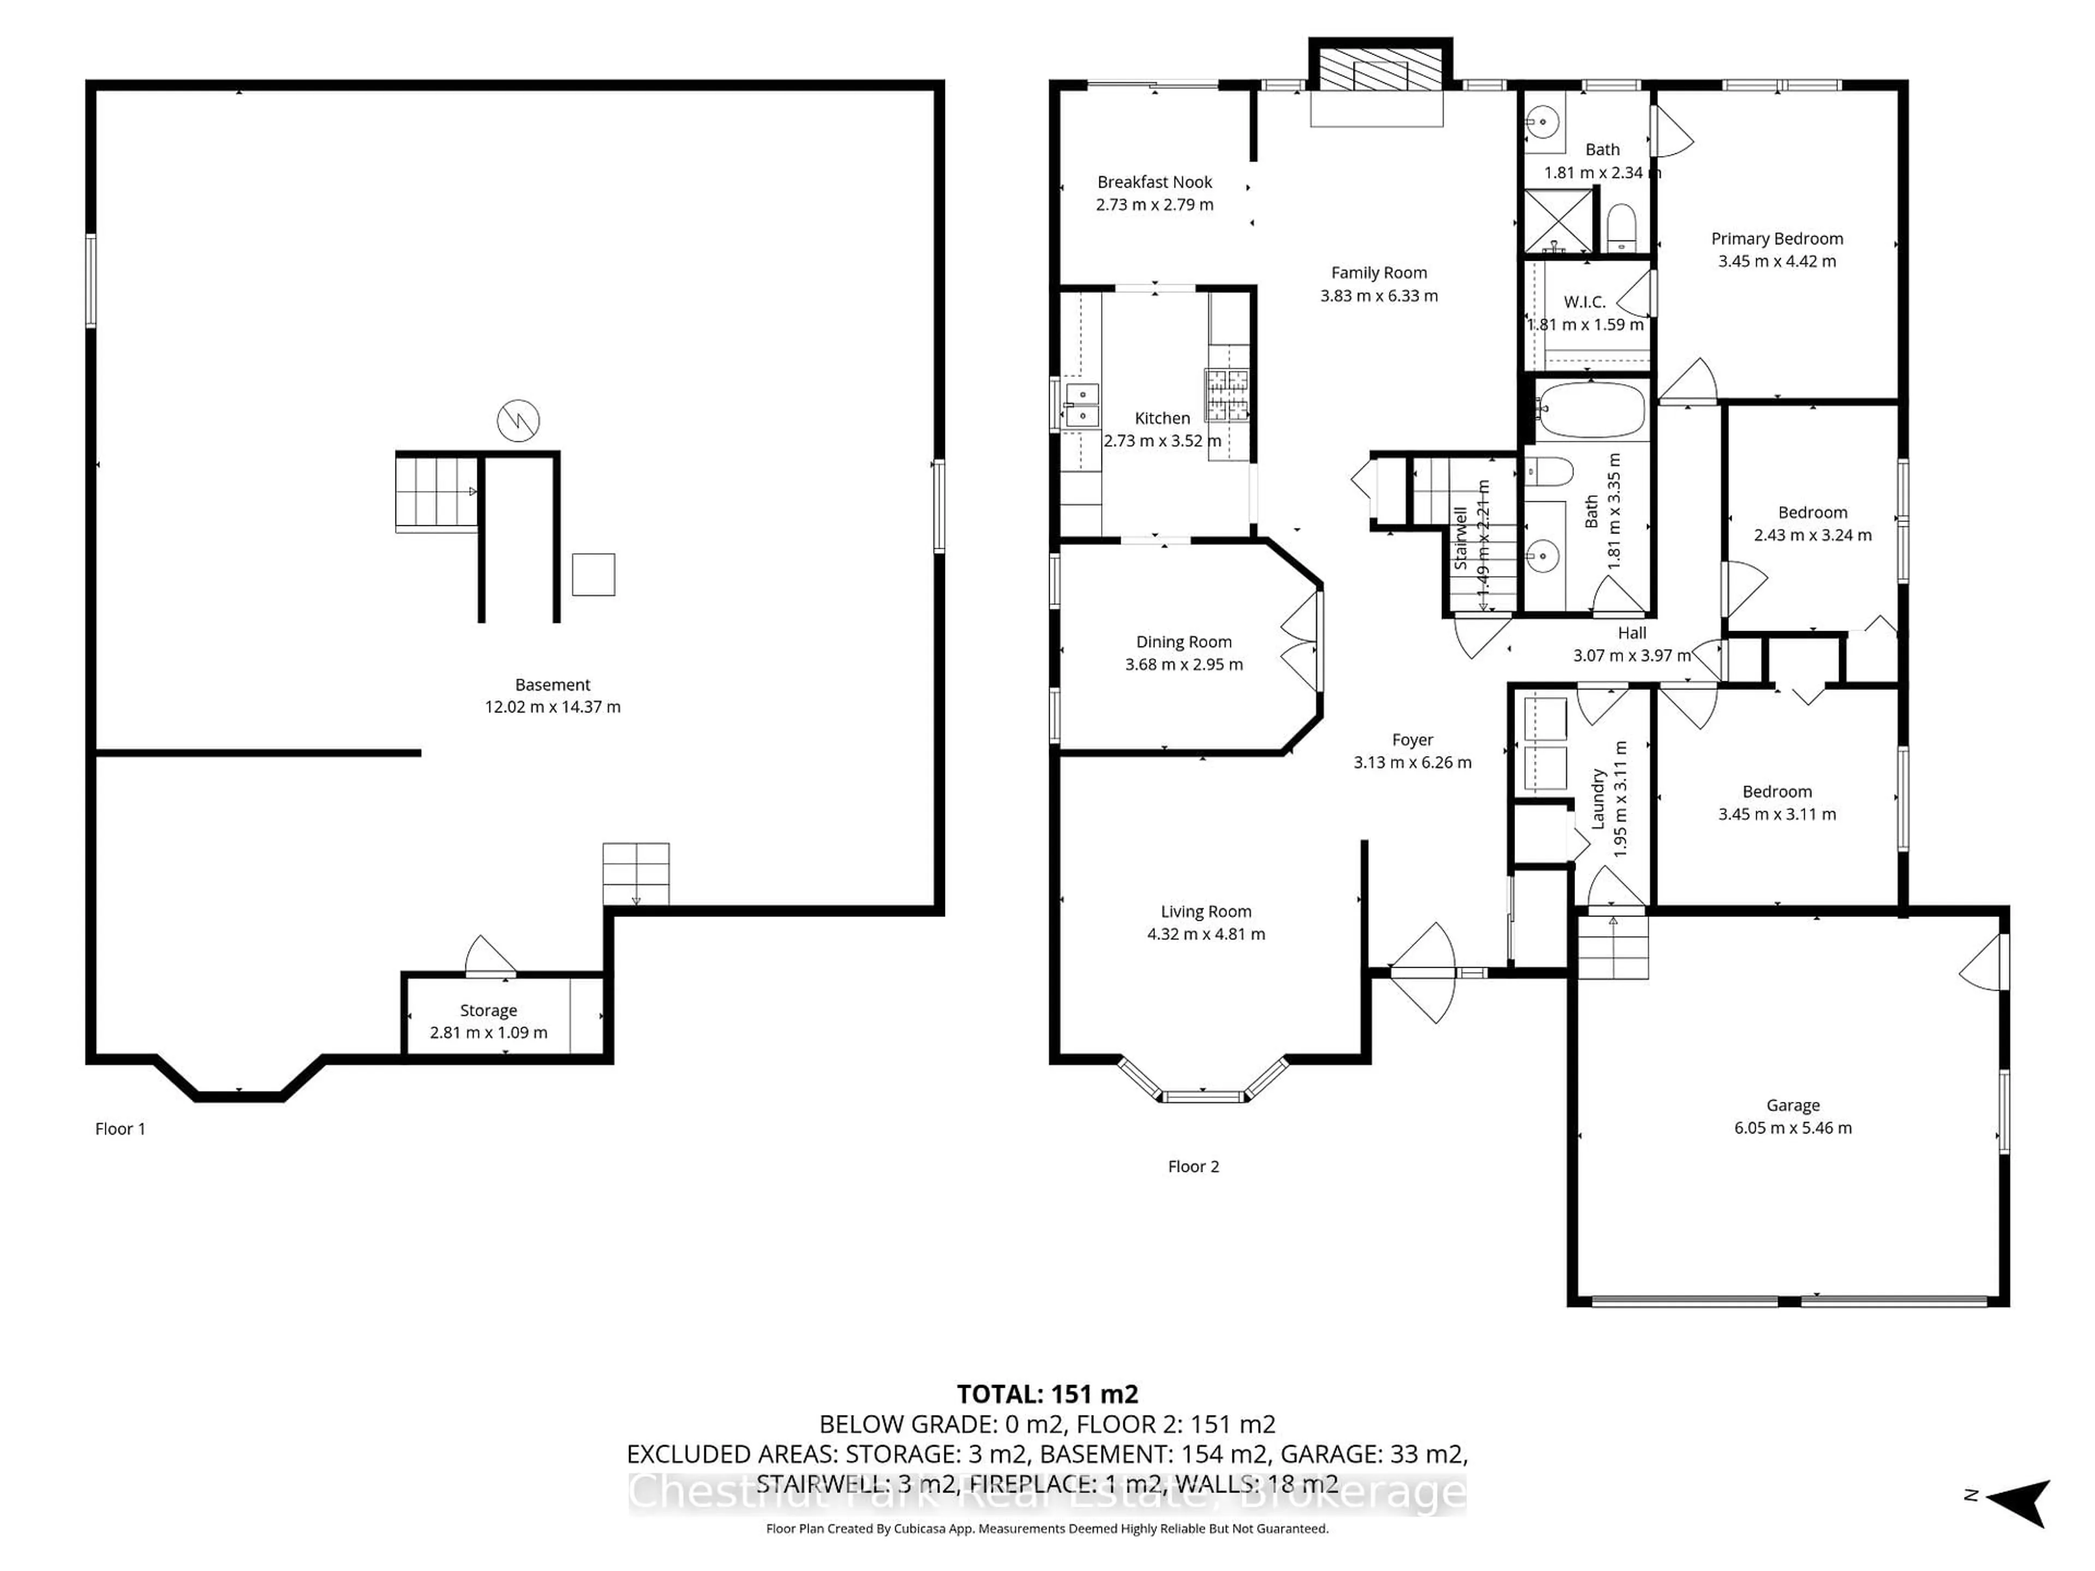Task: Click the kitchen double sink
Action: click(1081, 404)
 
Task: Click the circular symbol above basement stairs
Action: click(518, 421)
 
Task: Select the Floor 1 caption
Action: click(120, 1129)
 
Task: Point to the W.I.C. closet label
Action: click(1584, 302)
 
